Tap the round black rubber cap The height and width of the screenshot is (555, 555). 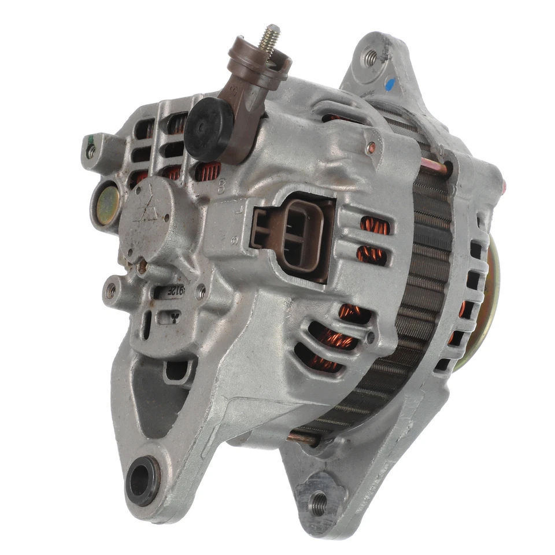tap(209, 128)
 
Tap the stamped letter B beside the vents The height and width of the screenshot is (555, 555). tap(223, 186)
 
